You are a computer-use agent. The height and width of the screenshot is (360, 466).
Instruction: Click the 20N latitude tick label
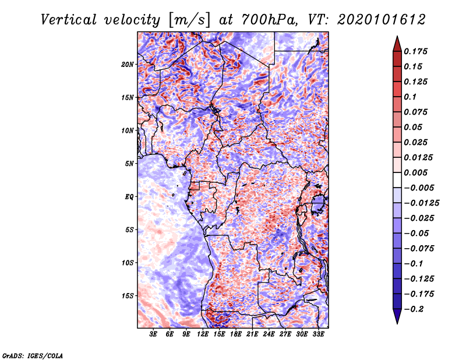(128, 64)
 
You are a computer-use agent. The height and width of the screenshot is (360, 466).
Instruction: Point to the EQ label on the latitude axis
(129, 197)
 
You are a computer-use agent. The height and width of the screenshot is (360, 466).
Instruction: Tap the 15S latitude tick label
(128, 296)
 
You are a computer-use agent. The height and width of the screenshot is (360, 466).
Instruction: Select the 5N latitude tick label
(129, 164)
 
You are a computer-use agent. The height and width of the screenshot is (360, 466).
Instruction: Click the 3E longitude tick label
(154, 335)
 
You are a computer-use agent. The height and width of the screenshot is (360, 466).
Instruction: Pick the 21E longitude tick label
(252, 335)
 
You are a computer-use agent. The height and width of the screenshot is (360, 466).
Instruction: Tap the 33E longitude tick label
(318, 335)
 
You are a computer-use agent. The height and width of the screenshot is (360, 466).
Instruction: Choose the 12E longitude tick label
(203, 335)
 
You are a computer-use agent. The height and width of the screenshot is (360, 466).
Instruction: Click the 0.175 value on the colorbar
(416, 51)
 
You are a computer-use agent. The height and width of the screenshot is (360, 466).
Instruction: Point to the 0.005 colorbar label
(416, 173)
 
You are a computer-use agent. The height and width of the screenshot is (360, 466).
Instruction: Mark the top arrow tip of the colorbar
(397, 37)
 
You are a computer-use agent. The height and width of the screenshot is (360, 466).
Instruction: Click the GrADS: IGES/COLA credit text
(32, 355)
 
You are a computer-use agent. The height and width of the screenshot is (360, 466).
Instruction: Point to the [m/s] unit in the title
(188, 20)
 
